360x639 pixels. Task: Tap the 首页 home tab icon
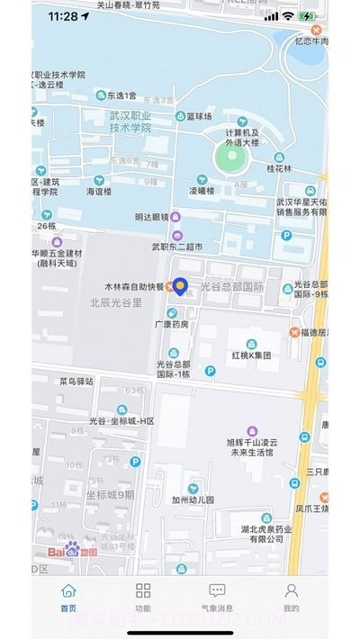tap(68, 591)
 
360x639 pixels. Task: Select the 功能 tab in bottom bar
tap(143, 591)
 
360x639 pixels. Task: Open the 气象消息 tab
tap(217, 591)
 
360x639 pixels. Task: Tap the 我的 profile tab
tap(291, 591)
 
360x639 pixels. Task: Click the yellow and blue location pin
tap(180, 286)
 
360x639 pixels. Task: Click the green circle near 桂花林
tap(229, 160)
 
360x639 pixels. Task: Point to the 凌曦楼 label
tap(201, 191)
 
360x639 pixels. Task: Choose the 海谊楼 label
tap(98, 191)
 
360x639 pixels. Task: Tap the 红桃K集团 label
tap(251, 356)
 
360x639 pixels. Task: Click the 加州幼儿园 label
tap(193, 499)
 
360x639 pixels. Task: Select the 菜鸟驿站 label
tap(76, 381)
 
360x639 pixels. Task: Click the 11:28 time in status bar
tap(62, 16)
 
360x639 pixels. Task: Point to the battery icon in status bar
tap(308, 16)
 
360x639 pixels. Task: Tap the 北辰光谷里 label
tap(116, 303)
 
